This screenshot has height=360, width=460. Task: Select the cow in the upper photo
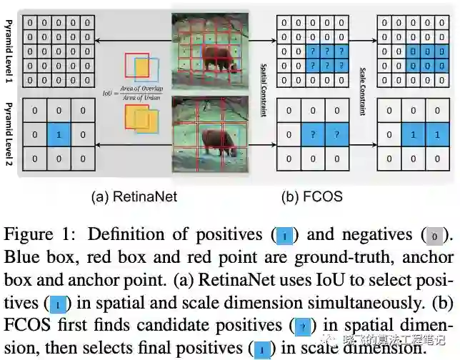pyautogui.click(x=217, y=56)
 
